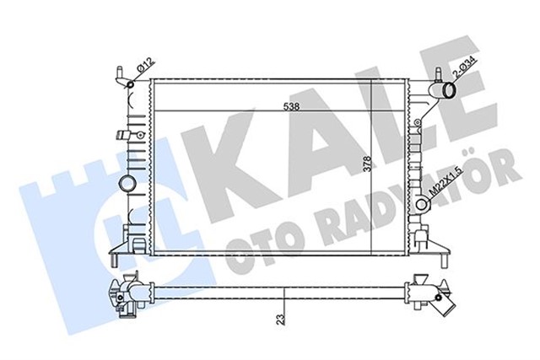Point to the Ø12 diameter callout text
coord(144,63)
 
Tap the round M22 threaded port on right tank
coord(419,203)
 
